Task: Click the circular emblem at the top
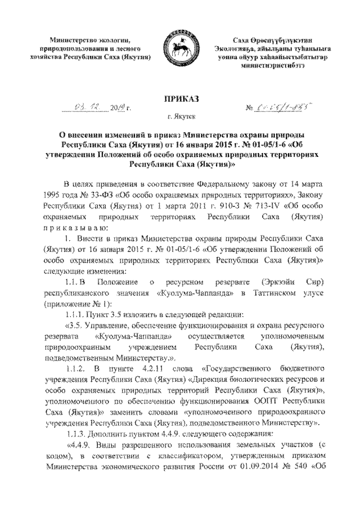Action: click(x=179, y=49)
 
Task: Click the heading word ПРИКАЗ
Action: click(x=179, y=99)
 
